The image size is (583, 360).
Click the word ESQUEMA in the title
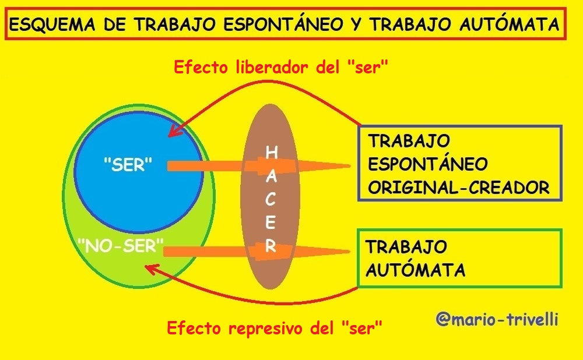52,24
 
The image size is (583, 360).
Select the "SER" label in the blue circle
128,165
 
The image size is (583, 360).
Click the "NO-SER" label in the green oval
121,246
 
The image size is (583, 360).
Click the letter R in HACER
271,246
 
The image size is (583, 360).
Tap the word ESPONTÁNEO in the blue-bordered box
427,164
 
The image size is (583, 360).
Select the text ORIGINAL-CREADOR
459,188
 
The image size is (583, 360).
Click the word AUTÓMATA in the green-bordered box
415,270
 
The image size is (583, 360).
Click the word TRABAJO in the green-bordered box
406,246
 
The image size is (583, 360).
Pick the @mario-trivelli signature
497,319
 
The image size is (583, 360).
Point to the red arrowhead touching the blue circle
175,130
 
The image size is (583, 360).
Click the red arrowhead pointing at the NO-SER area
152,269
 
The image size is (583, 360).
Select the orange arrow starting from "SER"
259,165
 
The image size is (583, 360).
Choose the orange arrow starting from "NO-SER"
257,252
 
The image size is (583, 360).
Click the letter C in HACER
271,199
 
